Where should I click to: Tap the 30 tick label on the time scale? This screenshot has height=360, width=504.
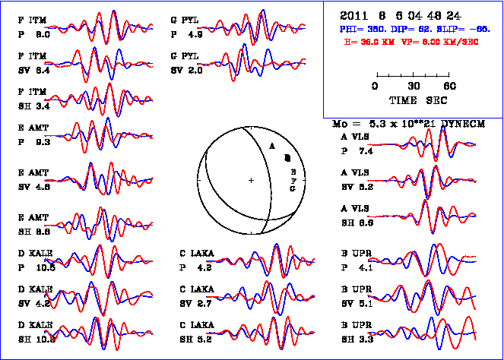(x=414, y=86)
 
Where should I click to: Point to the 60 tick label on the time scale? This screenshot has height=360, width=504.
(x=450, y=86)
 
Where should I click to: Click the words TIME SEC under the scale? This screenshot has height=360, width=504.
(x=417, y=100)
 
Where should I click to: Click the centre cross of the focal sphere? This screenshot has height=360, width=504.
(x=251, y=180)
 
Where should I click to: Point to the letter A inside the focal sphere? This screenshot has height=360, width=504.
(x=271, y=144)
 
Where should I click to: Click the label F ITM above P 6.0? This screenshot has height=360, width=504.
(x=33, y=20)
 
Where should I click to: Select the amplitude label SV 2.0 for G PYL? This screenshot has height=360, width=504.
(x=186, y=70)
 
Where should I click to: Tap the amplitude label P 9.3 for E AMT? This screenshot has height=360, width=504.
(x=33, y=141)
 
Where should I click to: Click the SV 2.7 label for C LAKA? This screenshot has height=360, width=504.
(x=195, y=304)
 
